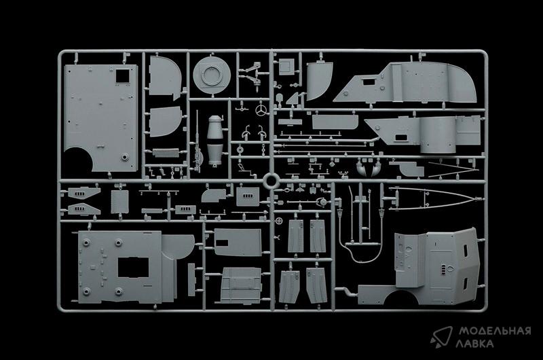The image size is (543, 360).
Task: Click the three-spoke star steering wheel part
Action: click(x=261, y=111)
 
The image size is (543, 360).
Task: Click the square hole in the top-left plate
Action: click(x=122, y=76)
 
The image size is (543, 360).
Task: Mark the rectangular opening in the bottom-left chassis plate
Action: click(x=133, y=267)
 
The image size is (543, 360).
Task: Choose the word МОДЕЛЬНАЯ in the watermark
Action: click(x=495, y=331)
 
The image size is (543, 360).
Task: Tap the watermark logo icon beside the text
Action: click(x=441, y=336)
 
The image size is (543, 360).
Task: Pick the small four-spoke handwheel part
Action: click(x=280, y=221)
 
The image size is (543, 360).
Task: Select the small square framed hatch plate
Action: click(x=286, y=66)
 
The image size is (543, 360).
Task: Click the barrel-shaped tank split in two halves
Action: click(x=215, y=141)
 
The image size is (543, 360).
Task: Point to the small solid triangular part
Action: click(x=293, y=98)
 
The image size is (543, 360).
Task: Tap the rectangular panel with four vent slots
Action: click(x=248, y=196)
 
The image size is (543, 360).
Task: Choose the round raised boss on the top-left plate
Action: click(x=125, y=157)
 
